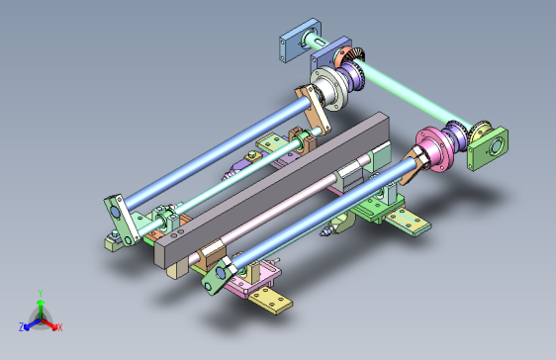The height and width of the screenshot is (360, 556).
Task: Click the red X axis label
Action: point(60,327)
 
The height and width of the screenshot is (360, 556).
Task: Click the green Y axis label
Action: point(41,293)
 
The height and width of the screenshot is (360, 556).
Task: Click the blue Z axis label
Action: point(22,326)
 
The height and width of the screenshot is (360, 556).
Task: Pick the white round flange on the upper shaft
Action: point(329,89)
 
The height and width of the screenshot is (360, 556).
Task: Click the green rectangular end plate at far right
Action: point(488,148)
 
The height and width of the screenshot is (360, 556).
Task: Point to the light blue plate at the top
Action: point(301,40)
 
